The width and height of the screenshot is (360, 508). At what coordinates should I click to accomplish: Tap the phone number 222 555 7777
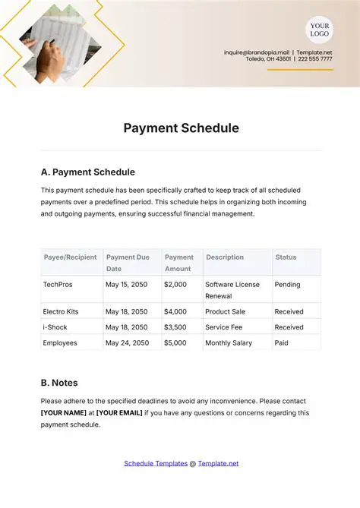pyautogui.click(x=315, y=58)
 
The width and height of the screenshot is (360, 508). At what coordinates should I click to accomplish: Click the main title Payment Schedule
pyautogui.click(x=181, y=128)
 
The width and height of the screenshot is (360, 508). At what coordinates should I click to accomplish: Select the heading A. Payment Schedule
pyautogui.click(x=87, y=172)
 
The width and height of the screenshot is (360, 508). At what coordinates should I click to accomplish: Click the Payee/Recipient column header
pyautogui.click(x=70, y=257)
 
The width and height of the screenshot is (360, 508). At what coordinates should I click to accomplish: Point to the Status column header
pyautogui.click(x=286, y=257)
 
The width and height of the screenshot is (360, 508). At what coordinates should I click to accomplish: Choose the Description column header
pyautogui.click(x=224, y=257)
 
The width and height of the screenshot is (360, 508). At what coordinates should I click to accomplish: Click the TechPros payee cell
pyautogui.click(x=58, y=285)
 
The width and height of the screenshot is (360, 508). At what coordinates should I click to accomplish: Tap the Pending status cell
pyautogui.click(x=288, y=285)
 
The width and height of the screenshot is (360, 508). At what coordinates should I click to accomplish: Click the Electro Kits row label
pyautogui.click(x=63, y=311)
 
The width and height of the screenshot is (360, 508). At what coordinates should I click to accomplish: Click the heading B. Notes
pyautogui.click(x=59, y=383)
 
